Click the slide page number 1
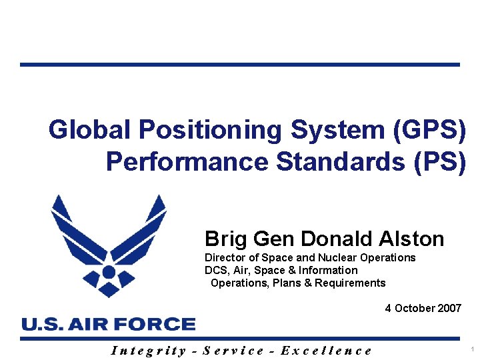click(x=471, y=350)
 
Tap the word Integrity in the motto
click(x=148, y=350)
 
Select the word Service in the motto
click(x=233, y=350)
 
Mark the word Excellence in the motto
click(x=327, y=350)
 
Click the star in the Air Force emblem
click(x=109, y=272)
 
